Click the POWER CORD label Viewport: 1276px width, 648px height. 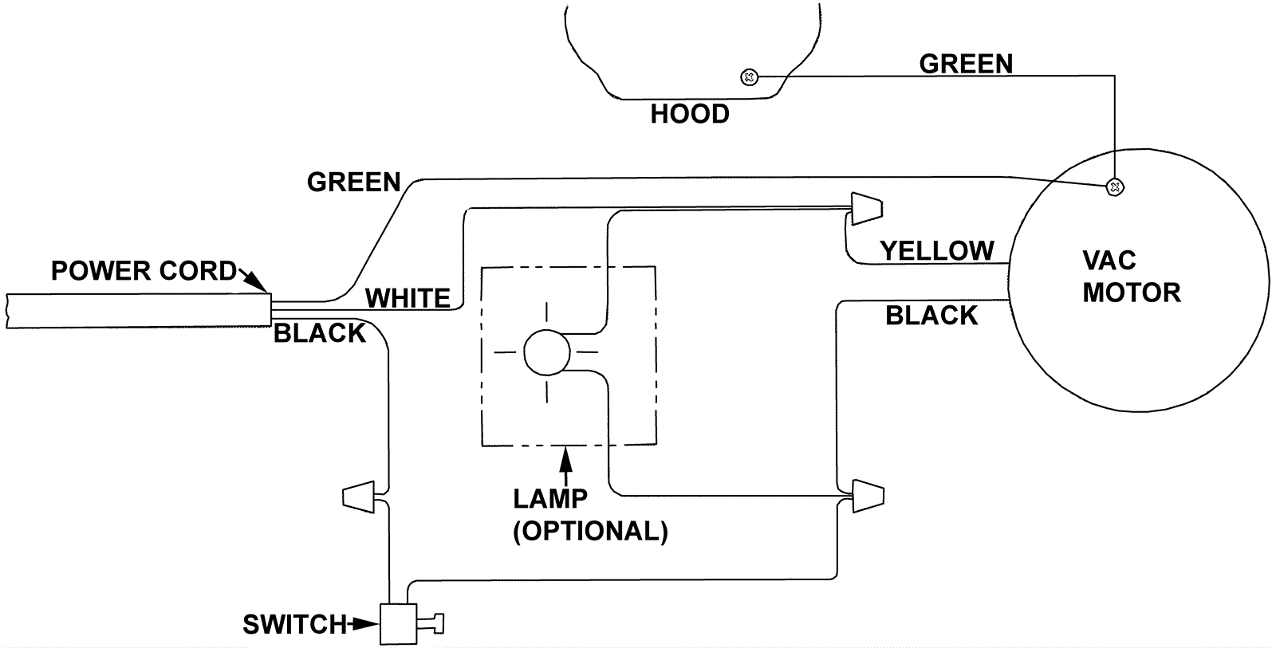tap(144, 271)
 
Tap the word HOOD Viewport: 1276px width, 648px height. tap(690, 115)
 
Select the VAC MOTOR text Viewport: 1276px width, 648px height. tap(1131, 277)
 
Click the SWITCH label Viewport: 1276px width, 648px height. tap(294, 624)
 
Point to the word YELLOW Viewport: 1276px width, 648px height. tap(937, 251)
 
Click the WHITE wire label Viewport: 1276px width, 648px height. tap(408, 299)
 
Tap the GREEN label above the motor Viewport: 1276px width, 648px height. tap(966, 64)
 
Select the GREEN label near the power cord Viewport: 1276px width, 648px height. tap(353, 183)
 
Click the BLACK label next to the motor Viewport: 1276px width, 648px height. tap(931, 316)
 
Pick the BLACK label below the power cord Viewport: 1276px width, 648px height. tap(319, 333)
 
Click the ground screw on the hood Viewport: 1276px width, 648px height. tap(748, 77)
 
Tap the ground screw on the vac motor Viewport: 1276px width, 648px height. tap(1114, 188)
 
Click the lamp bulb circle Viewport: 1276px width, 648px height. tap(546, 352)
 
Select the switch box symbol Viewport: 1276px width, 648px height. tap(398, 624)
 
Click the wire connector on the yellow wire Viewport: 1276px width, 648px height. tap(867, 208)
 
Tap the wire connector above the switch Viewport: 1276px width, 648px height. tap(358, 497)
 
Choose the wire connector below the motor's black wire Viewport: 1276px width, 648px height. tap(868, 496)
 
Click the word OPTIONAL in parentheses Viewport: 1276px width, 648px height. tap(590, 531)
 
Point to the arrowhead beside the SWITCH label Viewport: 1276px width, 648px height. tap(367, 624)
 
